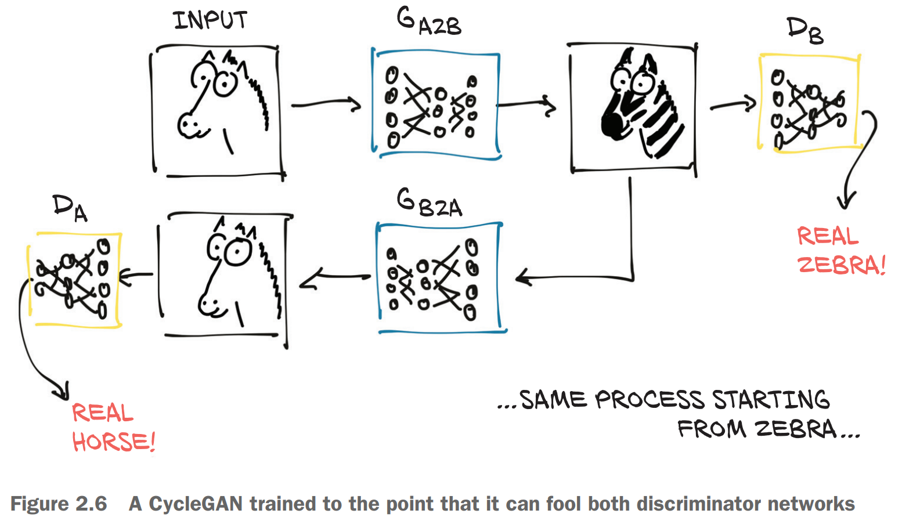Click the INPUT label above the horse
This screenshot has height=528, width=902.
210,21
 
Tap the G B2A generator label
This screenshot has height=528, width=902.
429,203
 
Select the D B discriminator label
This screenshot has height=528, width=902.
804,30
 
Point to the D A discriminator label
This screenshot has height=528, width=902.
70,208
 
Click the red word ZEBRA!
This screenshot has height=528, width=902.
841,265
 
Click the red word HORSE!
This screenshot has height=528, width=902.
114,442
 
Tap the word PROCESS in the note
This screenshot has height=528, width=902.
650,400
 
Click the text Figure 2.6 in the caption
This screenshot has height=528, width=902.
59,504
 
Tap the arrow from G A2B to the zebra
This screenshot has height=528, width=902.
526,105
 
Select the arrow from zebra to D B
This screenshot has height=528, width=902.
733,105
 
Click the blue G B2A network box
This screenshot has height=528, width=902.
439,277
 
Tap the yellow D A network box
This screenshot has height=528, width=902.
75,279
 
